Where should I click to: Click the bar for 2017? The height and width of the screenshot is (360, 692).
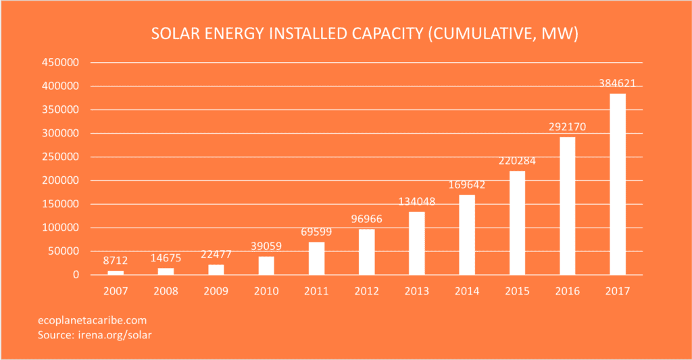[x=618, y=184]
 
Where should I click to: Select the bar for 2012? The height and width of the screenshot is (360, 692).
[x=366, y=252]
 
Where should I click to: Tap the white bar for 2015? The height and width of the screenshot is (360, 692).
[x=517, y=223]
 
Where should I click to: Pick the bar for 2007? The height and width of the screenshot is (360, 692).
[x=116, y=273]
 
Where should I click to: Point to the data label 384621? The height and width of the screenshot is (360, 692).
[x=617, y=84]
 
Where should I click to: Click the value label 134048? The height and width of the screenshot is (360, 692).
[x=416, y=202]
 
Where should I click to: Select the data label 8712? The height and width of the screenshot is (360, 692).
[x=116, y=261]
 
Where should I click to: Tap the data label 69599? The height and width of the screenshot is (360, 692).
[x=316, y=232]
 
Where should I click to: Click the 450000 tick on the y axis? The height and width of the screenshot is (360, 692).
[x=61, y=63]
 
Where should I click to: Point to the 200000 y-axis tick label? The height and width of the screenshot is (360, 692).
[x=61, y=157]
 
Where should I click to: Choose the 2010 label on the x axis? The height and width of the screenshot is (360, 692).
[x=266, y=291]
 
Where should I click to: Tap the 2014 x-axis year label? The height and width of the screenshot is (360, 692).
[x=467, y=291]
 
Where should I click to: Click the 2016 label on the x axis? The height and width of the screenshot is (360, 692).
[x=567, y=291]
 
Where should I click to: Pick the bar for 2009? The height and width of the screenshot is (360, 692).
[x=216, y=269]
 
